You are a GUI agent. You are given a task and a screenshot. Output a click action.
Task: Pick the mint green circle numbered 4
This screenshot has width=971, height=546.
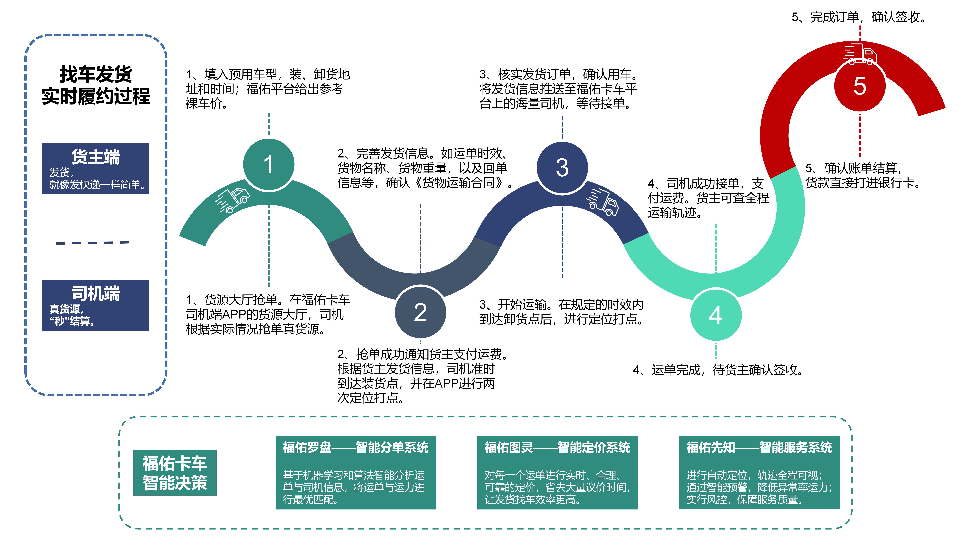tap(715, 315)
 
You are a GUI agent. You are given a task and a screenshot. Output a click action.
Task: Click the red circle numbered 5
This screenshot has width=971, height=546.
tap(860, 86)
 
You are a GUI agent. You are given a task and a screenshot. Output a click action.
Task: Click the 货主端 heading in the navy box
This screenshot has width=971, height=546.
tap(96, 157)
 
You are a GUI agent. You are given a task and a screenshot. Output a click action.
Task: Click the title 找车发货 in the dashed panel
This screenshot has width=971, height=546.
tap(96, 74)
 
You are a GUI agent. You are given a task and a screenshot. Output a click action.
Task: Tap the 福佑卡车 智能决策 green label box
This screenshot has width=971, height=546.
tap(175, 473)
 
